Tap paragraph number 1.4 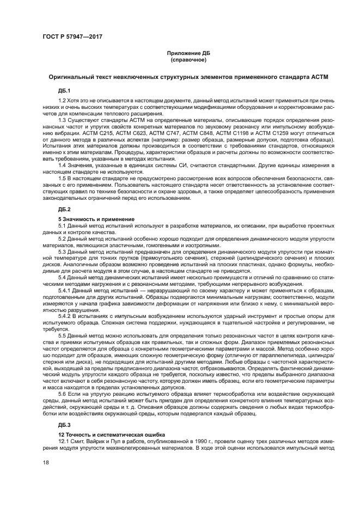pos(62,164)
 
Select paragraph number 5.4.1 pos(65,277)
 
